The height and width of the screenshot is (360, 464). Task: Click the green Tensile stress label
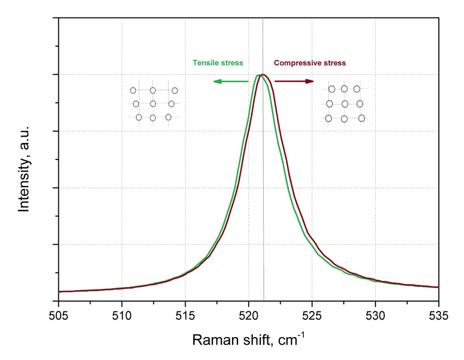point(218,63)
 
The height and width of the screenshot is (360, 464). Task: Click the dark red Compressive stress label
point(310,63)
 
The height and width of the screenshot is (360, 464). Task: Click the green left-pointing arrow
point(231,81)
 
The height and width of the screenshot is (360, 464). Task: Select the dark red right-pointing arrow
point(294,81)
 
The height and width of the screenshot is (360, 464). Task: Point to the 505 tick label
point(58,316)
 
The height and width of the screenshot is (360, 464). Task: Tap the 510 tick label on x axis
point(122,316)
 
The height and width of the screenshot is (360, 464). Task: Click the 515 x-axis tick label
point(185,316)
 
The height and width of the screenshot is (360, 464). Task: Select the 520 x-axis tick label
point(248,316)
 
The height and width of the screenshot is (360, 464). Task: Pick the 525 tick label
point(312,316)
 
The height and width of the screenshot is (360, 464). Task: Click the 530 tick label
point(375,316)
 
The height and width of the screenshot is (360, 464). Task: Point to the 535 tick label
point(438,316)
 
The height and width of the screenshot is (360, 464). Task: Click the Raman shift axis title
point(248,339)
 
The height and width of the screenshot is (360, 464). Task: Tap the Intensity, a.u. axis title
point(23,169)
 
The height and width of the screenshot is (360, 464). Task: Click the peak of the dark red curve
point(263,75)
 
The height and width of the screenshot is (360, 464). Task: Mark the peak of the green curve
point(258,75)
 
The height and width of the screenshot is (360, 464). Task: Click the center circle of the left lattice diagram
point(153,104)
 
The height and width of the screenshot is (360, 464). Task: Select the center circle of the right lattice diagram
point(345,104)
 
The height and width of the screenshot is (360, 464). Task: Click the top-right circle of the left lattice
point(175,91)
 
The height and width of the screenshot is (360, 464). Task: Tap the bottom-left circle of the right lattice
point(329,119)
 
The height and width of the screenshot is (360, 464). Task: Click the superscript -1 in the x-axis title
point(301,335)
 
